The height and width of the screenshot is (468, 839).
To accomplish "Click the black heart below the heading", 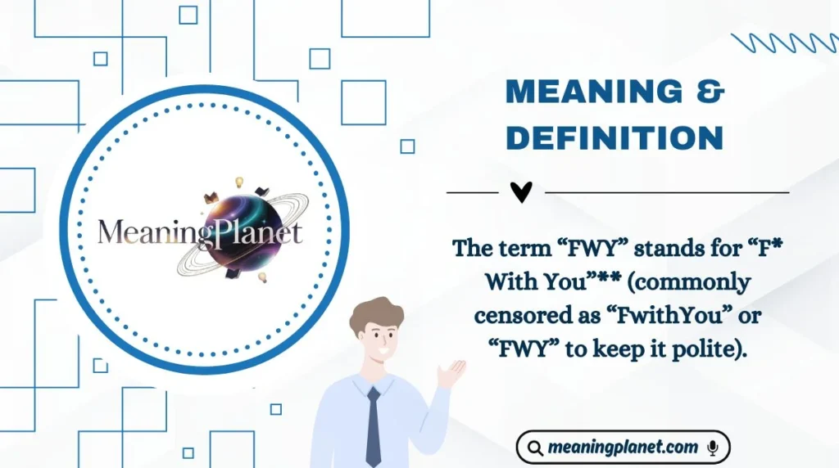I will (x=521, y=192).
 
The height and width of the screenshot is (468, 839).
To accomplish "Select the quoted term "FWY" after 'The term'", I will (x=573, y=248).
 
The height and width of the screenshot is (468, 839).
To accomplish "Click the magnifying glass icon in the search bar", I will (x=535, y=448).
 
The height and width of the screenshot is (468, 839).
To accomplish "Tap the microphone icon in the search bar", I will (x=712, y=448).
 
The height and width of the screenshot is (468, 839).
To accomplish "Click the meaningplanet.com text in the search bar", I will (x=623, y=448).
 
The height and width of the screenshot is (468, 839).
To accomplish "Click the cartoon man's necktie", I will (x=374, y=425).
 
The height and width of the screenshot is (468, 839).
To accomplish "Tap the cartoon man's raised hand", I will (x=450, y=373).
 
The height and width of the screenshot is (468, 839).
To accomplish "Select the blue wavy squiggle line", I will (x=782, y=43).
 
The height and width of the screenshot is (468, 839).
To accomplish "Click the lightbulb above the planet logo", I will (x=240, y=182).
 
